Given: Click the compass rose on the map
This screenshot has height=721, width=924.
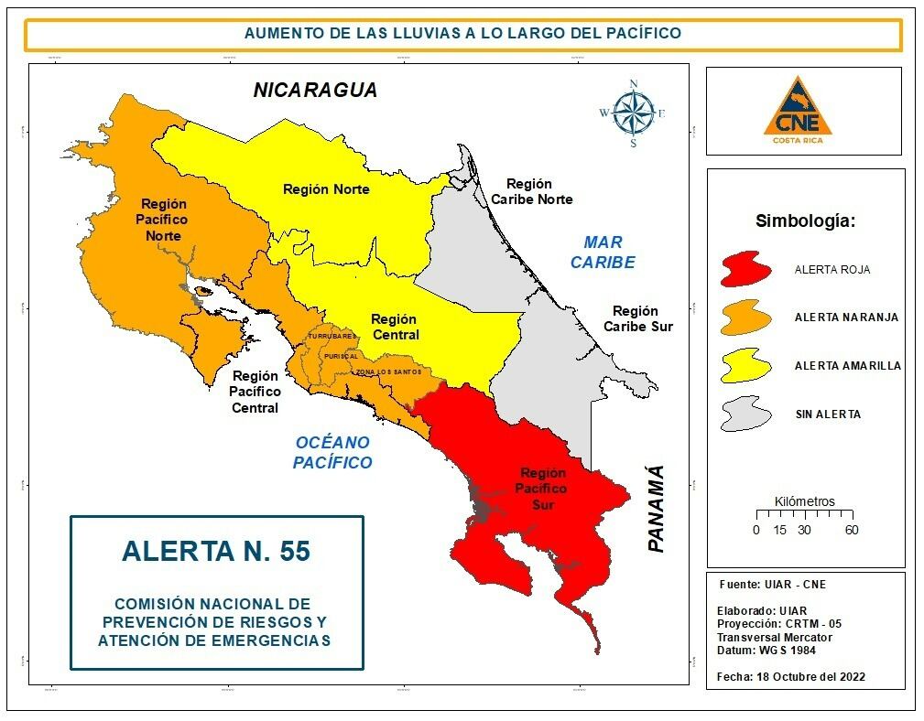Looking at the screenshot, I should [x=633, y=113].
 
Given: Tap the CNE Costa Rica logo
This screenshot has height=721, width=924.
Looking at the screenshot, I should [x=805, y=112].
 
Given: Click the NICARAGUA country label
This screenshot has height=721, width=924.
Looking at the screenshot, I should [x=315, y=91].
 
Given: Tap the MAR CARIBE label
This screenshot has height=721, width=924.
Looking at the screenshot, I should [x=603, y=253].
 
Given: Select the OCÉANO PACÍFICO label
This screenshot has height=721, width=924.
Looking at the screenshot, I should [x=332, y=453].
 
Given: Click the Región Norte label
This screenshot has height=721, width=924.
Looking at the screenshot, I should [x=326, y=189].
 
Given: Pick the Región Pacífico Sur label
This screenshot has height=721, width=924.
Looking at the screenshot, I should [x=543, y=488].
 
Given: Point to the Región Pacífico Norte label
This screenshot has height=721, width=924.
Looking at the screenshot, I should [x=163, y=220].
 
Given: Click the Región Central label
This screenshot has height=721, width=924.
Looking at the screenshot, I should [x=395, y=327].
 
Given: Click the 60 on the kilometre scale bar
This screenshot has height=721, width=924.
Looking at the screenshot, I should [x=851, y=531].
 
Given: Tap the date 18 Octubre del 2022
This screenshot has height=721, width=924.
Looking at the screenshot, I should [x=805, y=677].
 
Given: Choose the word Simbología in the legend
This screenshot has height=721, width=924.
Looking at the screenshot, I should [x=805, y=221].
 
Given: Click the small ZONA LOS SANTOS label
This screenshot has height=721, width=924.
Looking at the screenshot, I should [x=388, y=372].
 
